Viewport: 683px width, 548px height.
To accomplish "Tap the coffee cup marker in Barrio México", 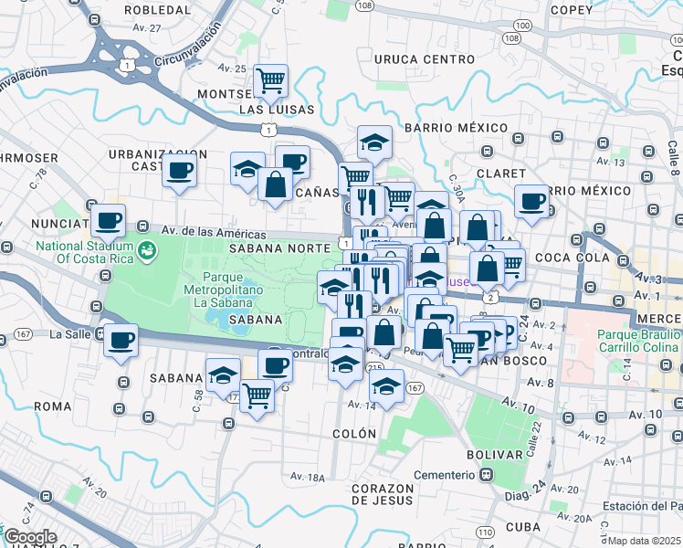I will [531, 202].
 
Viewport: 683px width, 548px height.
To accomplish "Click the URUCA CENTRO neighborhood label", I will [425, 59].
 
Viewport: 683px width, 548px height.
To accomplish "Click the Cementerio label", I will [445, 475].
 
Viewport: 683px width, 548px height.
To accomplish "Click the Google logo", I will [30, 537].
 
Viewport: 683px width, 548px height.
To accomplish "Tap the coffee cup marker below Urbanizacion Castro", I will [179, 170].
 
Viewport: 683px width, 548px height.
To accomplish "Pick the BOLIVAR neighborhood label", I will [494, 454].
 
